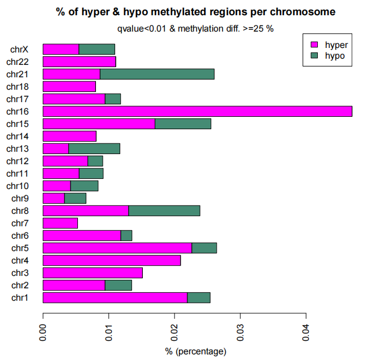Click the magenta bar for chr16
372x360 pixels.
coord(198,112)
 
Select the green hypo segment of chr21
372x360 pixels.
coord(157,74)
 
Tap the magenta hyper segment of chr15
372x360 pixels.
coord(99,124)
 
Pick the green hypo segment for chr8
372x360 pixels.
coord(164,211)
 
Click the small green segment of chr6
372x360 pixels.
coord(126,235)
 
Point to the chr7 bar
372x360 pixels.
coord(60,223)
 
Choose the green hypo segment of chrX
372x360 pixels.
coord(97,49)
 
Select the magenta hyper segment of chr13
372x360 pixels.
coord(56,149)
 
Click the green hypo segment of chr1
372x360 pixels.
coord(199,297)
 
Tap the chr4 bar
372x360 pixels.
coord(112,260)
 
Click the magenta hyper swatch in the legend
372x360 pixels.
coord(314,45)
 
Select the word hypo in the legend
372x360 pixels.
coord(335,56)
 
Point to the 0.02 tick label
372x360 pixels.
coord(174,332)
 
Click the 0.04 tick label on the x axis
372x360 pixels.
coord(306,332)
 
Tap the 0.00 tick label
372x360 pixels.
coord(43,332)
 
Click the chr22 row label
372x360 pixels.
coord(17,62)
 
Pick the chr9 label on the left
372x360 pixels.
coord(20,199)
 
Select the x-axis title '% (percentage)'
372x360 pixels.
coord(196,352)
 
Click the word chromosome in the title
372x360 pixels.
coord(303,12)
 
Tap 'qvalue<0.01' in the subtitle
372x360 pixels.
coord(142,29)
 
